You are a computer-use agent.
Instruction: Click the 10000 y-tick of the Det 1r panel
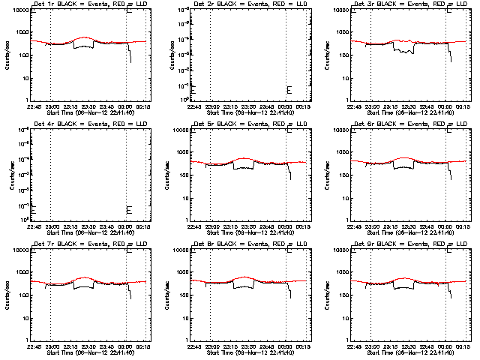point(19,11)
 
